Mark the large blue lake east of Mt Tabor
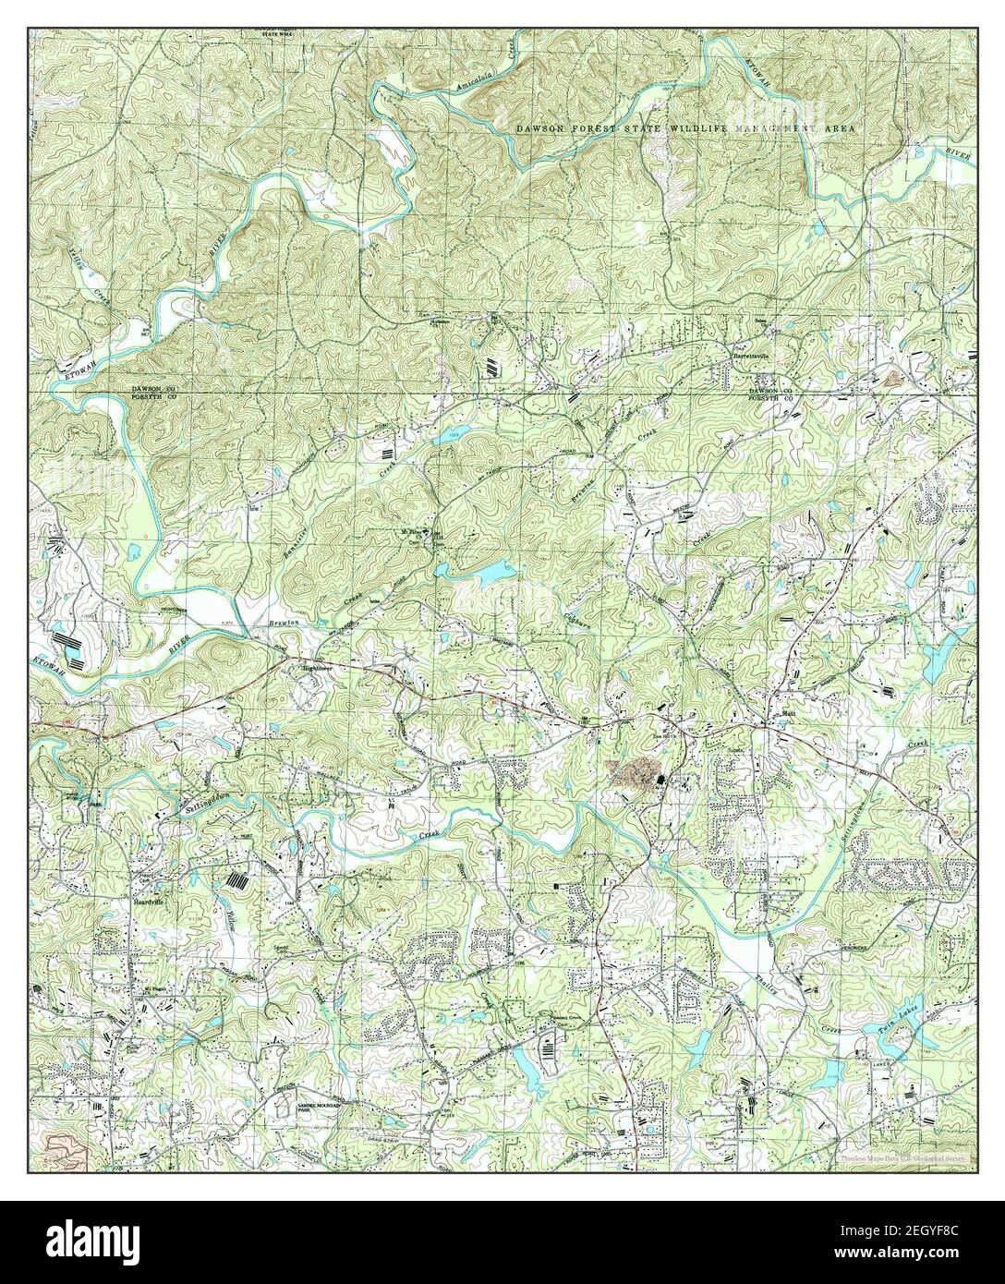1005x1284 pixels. pyautogui.click(x=488, y=574)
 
